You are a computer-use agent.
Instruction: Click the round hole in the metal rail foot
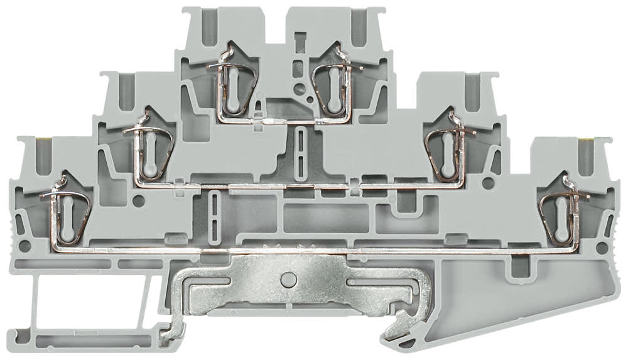click(x=288, y=277)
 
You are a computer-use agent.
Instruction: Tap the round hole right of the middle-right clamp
click(x=487, y=183)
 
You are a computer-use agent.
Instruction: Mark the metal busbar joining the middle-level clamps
click(x=283, y=185)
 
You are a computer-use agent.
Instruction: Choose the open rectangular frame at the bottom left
click(x=82, y=308)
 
